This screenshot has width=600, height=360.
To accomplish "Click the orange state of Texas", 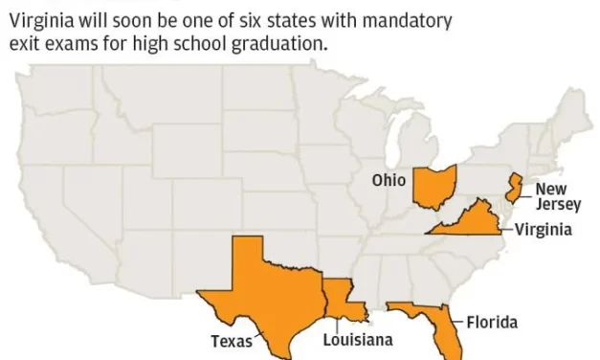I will [258, 287].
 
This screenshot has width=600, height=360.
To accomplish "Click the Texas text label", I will [232, 341].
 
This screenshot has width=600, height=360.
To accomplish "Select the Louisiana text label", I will [357, 340].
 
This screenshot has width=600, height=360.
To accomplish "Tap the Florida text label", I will [492, 321].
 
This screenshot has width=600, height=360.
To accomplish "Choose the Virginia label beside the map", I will [543, 230].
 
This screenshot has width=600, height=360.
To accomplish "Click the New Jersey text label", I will [556, 197].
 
